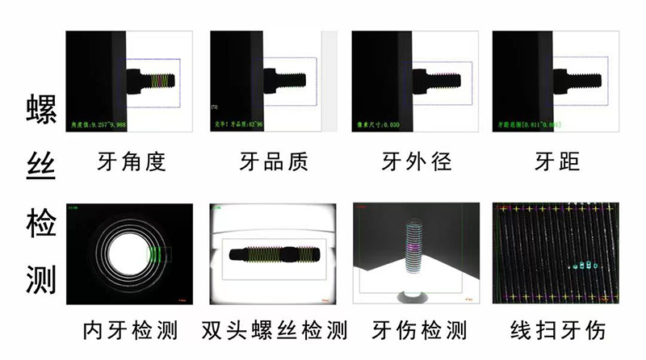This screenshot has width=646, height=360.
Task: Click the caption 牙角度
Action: pyautogui.click(x=129, y=162)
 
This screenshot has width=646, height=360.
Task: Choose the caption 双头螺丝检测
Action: pyautogui.click(x=274, y=330)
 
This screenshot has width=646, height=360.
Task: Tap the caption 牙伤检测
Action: pyautogui.click(x=419, y=330)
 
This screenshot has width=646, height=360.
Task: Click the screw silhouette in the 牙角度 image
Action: pyautogui.click(x=153, y=81)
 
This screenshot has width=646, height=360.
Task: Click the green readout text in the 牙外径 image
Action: pyautogui.click(x=379, y=125)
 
